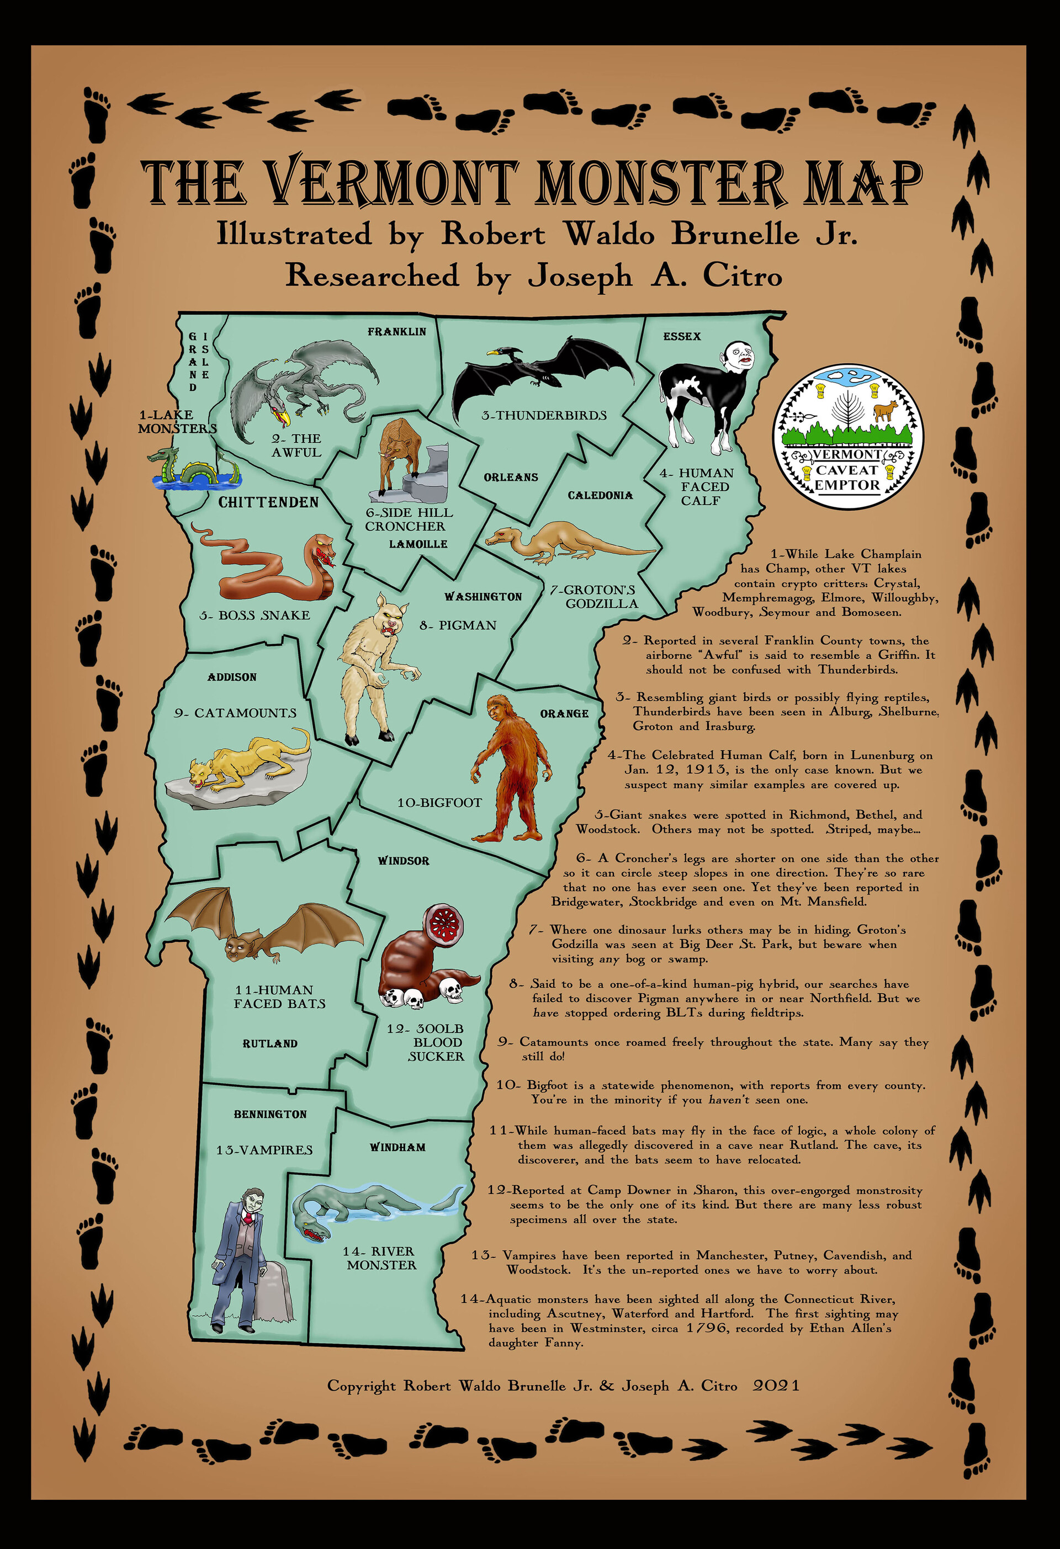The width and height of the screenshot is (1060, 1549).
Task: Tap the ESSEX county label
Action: click(681, 337)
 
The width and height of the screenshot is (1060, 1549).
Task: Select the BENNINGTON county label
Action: click(270, 1114)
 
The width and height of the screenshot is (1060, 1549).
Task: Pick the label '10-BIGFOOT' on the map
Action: click(439, 803)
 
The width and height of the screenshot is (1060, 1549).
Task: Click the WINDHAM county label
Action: click(397, 1147)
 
